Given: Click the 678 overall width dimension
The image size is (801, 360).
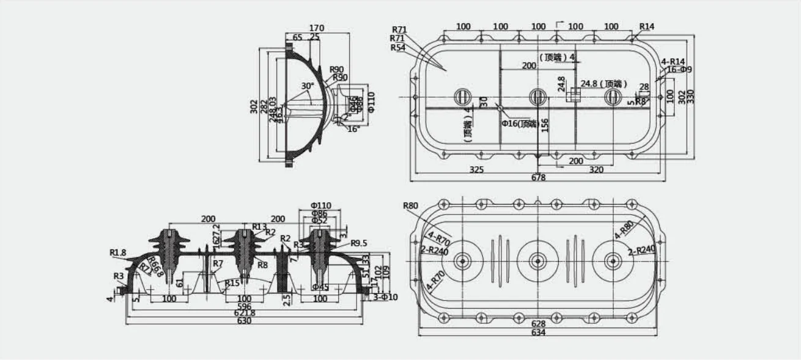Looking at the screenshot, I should tap(538, 177).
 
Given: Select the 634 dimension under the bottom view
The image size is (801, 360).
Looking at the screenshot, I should tap(538, 332).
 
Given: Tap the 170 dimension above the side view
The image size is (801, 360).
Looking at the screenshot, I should tap(317, 28).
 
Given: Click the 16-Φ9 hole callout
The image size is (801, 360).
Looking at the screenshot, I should tap(679, 70).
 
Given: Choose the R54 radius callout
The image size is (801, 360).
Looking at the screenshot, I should tap(398, 48).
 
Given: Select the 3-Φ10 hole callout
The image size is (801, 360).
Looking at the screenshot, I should tap(385, 297).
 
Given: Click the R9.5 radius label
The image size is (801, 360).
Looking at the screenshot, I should tap(359, 243).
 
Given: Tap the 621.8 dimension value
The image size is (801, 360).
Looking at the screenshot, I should tap(244, 313).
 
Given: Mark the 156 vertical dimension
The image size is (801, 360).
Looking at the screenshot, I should tap(545, 125).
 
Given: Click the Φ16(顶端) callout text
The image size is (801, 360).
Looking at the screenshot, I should tap(519, 123).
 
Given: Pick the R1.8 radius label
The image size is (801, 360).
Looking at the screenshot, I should tap(118, 252).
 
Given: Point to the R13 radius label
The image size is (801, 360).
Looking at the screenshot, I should tap(260, 227).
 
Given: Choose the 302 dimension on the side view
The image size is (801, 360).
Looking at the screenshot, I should tap(254, 106).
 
